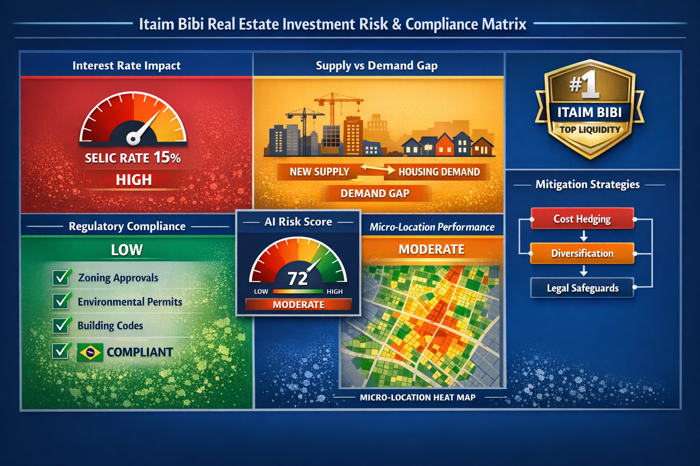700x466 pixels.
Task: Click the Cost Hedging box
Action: (582, 219)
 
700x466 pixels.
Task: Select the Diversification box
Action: (582, 253)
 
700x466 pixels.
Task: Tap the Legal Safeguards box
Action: (582, 288)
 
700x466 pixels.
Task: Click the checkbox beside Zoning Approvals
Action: (61, 277)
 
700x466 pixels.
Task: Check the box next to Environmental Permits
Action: (61, 301)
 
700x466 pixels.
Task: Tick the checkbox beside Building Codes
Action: (61, 325)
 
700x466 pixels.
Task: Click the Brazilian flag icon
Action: (90, 352)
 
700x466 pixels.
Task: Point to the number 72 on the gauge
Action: (298, 279)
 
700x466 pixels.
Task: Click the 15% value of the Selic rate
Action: (167, 157)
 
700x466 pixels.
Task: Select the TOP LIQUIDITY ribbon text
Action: (590, 130)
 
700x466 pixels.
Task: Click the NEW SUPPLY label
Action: (319, 172)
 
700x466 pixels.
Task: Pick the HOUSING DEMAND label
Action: (439, 172)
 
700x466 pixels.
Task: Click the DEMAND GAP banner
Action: (375, 193)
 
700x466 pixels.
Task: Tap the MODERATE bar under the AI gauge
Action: (299, 304)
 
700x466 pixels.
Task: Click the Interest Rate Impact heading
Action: (126, 66)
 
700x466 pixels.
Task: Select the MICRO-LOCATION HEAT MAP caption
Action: (417, 397)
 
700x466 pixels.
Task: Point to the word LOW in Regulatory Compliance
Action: (127, 250)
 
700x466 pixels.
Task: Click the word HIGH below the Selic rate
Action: (134, 180)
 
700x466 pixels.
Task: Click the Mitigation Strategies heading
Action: (587, 184)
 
